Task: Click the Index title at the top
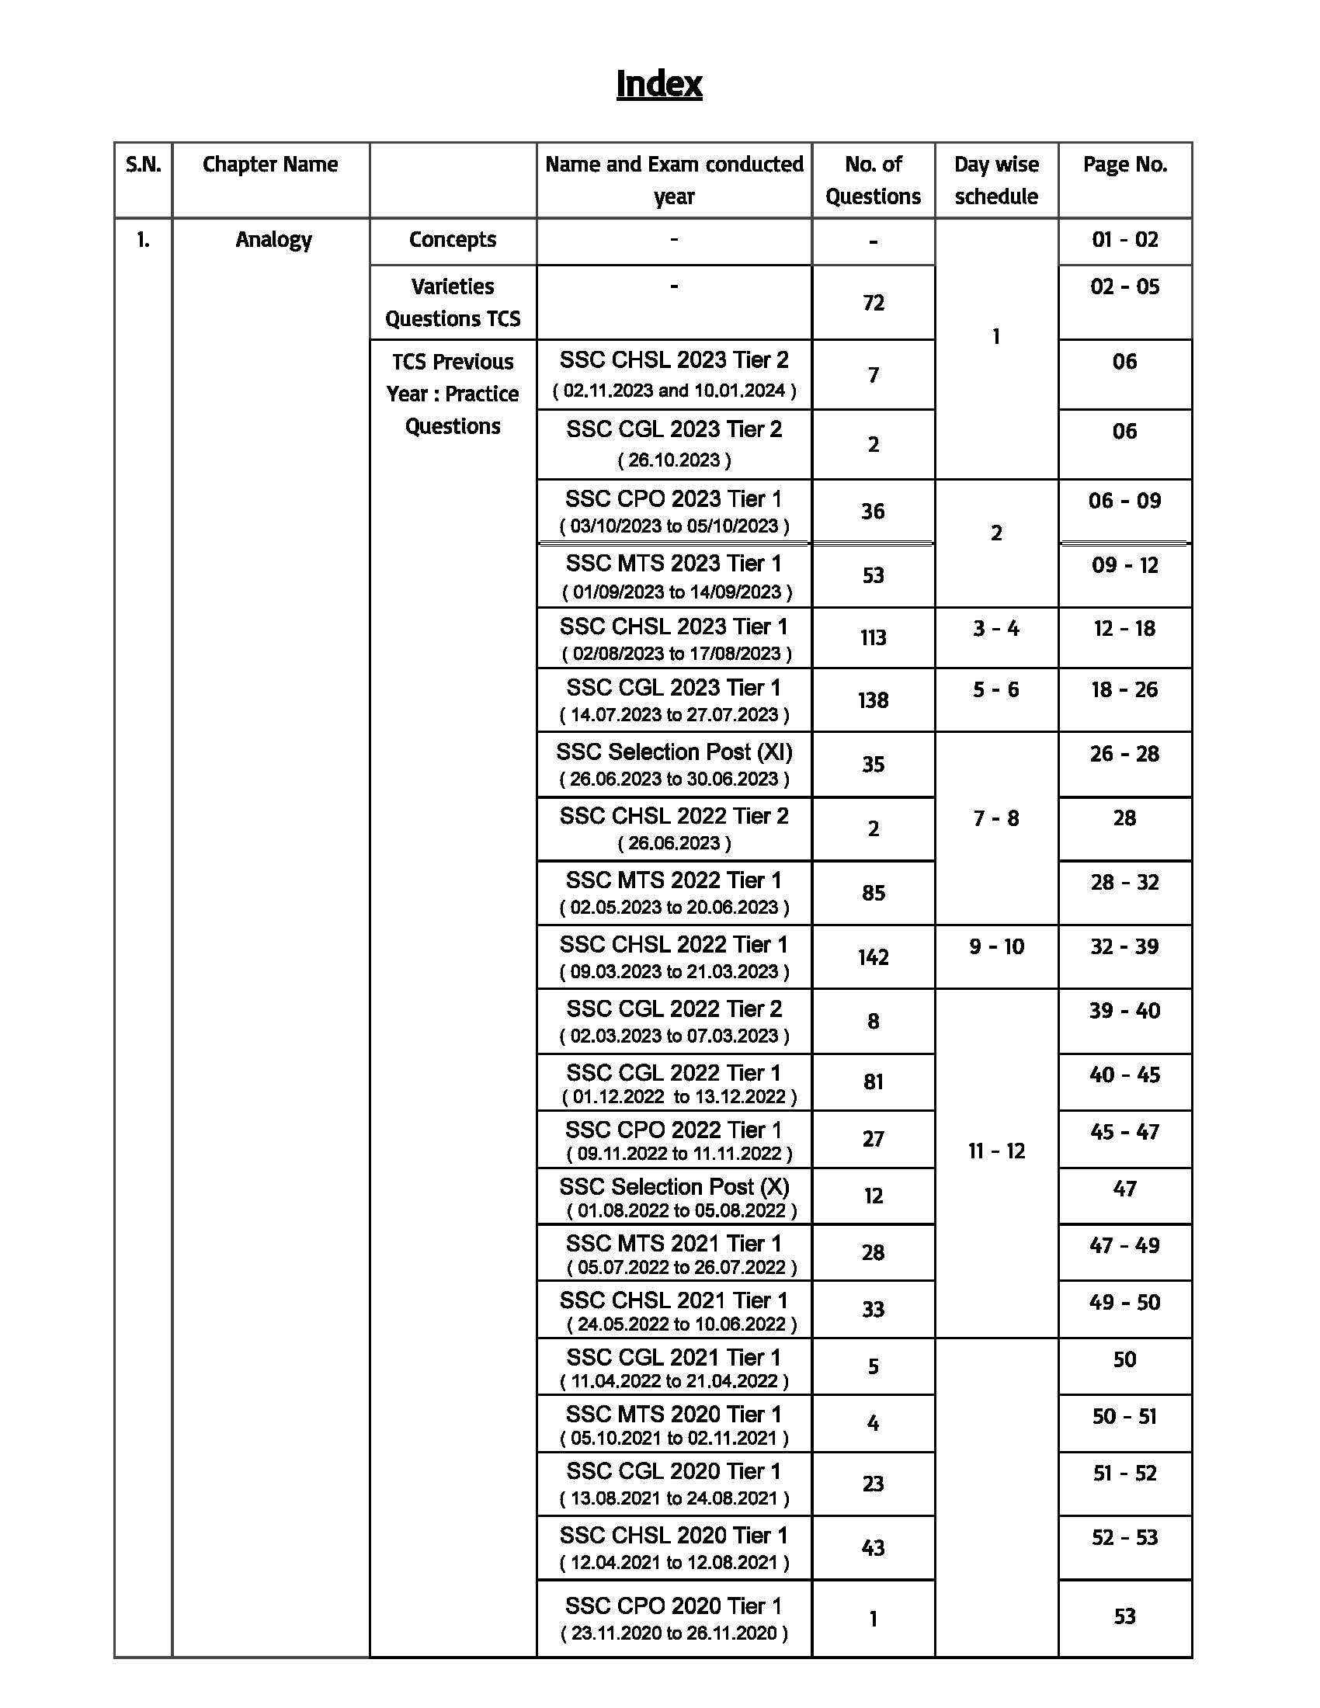coord(658,84)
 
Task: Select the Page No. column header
coord(1124,165)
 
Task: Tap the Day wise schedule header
coord(996,180)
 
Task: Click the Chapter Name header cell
coord(269,165)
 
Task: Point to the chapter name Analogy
coord(273,239)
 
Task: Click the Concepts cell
coord(452,239)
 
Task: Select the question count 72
coord(873,303)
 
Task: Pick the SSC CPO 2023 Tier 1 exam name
coord(673,499)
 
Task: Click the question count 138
coord(873,700)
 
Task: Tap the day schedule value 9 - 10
coord(996,946)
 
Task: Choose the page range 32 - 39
coord(1124,946)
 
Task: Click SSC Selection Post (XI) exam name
coord(674,752)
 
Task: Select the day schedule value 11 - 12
coord(996,1151)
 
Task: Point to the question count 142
coord(873,957)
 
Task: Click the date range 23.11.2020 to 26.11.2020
coord(674,1633)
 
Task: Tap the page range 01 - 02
coord(1124,239)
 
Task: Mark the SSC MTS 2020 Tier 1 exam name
coord(673,1414)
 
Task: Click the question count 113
coord(873,637)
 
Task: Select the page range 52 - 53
coord(1124,1537)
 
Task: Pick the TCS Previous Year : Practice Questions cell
coord(452,394)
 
